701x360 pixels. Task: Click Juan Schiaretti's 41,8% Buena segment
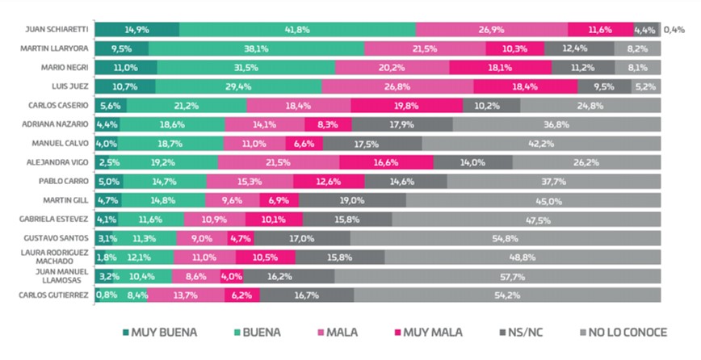pyautogui.click(x=297, y=30)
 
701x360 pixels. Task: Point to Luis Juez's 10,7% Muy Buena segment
pyautogui.click(x=125, y=86)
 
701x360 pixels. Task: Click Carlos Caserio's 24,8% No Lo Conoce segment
pyautogui.click(x=590, y=106)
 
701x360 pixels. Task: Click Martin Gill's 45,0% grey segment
pyautogui.click(x=533, y=200)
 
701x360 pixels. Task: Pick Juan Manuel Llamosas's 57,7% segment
pyautogui.click(x=497, y=276)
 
